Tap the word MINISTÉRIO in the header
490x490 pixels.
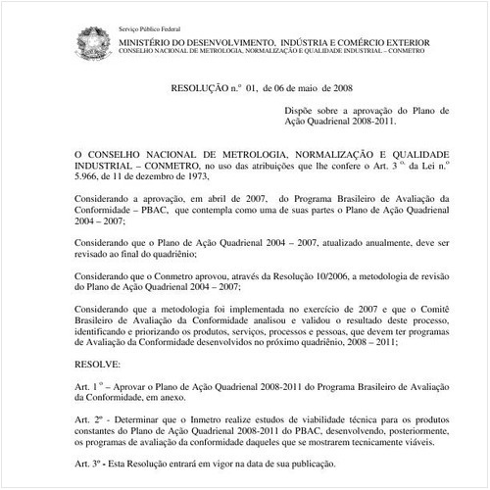click(147, 43)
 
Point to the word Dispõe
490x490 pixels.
click(304, 111)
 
